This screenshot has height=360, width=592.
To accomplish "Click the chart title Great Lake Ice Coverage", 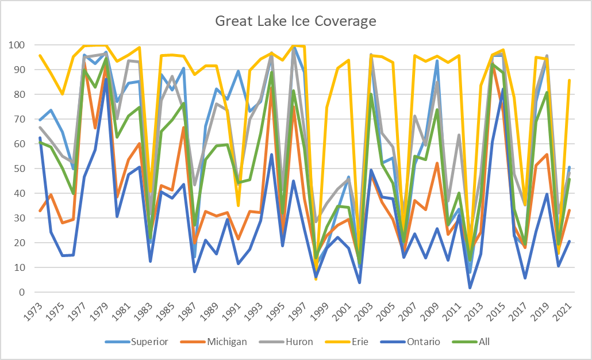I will [x=295, y=22].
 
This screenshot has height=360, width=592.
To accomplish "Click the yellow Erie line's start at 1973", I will [x=40, y=55].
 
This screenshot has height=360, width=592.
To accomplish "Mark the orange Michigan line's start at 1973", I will [x=40, y=211].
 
